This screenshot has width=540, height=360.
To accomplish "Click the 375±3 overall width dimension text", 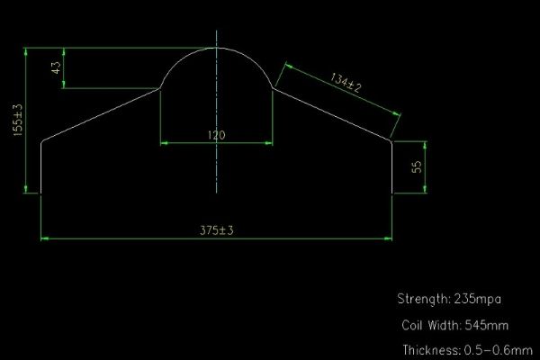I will (x=216, y=230).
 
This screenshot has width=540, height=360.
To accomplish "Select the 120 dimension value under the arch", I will (x=216, y=135).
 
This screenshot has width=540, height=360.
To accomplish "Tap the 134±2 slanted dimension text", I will (x=346, y=85).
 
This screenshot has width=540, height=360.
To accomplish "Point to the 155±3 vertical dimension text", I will (x=17, y=120).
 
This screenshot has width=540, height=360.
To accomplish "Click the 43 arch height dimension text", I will (x=58, y=69).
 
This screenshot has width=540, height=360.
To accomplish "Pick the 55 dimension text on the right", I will (x=417, y=166).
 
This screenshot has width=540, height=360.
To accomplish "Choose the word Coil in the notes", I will (x=413, y=324).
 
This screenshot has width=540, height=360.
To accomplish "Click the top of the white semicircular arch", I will (x=216, y=48).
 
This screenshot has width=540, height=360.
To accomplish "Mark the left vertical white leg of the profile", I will (x=42, y=166).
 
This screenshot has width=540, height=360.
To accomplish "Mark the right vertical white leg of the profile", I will (x=392, y=166).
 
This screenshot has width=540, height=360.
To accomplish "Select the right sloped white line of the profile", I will (x=332, y=114).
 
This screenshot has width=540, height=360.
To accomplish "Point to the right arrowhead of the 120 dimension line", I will (x=269, y=142).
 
